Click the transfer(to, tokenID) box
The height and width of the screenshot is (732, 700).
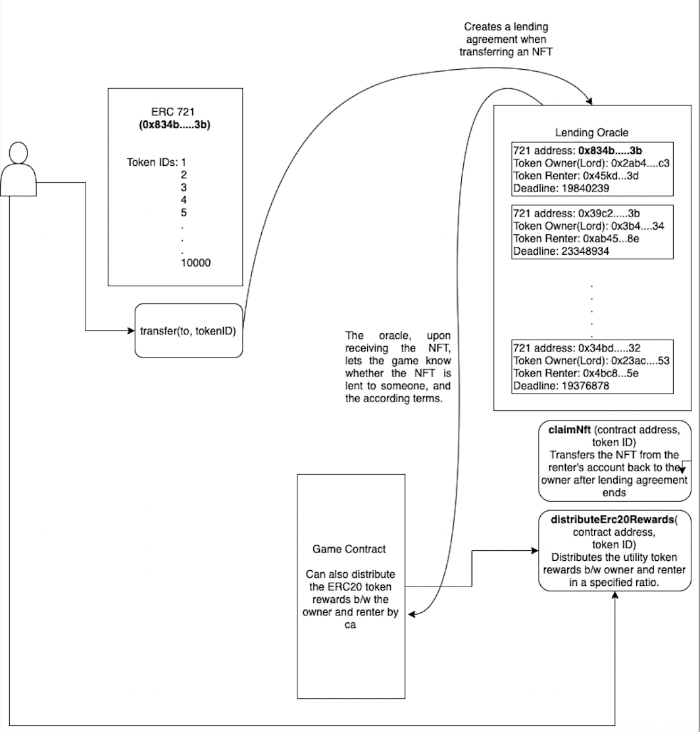coord(188,330)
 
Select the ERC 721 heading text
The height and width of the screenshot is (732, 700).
coord(172,113)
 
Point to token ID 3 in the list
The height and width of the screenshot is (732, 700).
coord(184,187)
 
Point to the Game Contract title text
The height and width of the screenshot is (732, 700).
coord(349,549)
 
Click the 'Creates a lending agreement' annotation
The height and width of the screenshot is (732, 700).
coord(506,39)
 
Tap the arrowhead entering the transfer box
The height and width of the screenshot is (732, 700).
coord(130,330)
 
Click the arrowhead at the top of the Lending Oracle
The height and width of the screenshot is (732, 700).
coord(589,101)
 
